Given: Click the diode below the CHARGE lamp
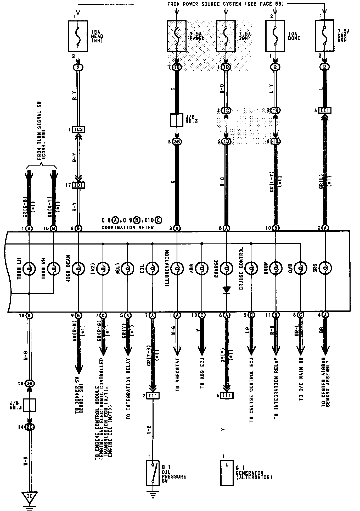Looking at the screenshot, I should click(227, 290).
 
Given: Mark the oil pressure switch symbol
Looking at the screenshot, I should click(153, 473).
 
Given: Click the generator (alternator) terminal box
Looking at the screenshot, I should click(227, 473).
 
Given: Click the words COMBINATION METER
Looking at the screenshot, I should click(127, 228).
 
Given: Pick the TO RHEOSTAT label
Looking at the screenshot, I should click(178, 375).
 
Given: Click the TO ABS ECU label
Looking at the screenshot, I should click(202, 373).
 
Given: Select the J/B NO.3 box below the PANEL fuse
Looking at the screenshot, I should click(177, 120).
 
